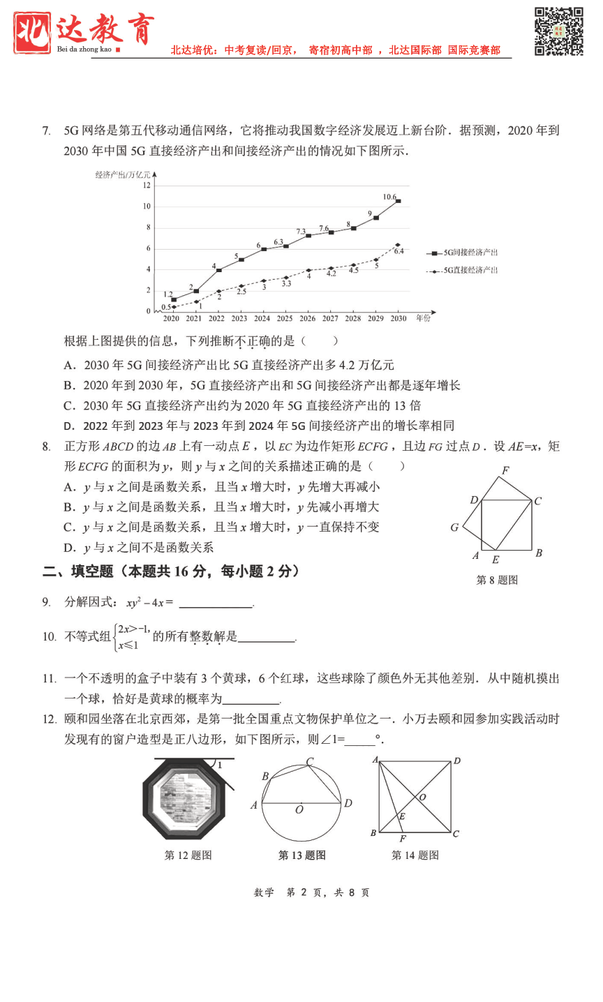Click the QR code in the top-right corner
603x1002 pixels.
(x=558, y=31)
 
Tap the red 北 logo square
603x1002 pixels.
(x=32, y=32)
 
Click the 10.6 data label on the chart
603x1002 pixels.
(x=389, y=197)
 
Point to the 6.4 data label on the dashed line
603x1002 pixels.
(x=399, y=251)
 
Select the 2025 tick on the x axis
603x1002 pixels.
(x=285, y=318)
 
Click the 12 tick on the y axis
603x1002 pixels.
(x=147, y=185)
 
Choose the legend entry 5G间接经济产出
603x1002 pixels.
(x=470, y=253)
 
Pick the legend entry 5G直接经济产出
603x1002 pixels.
(x=470, y=270)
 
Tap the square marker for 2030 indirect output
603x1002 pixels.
(x=398, y=201)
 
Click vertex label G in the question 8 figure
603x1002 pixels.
(x=454, y=528)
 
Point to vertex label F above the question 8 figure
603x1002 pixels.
(x=505, y=470)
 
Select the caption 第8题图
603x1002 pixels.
(x=497, y=580)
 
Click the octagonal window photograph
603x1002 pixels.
(x=184, y=800)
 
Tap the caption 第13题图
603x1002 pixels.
(x=301, y=855)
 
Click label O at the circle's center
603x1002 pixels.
(x=299, y=810)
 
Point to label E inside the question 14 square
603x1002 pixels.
(x=402, y=816)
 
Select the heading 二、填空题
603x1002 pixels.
(x=77, y=571)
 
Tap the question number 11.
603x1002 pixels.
(x=49, y=678)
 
